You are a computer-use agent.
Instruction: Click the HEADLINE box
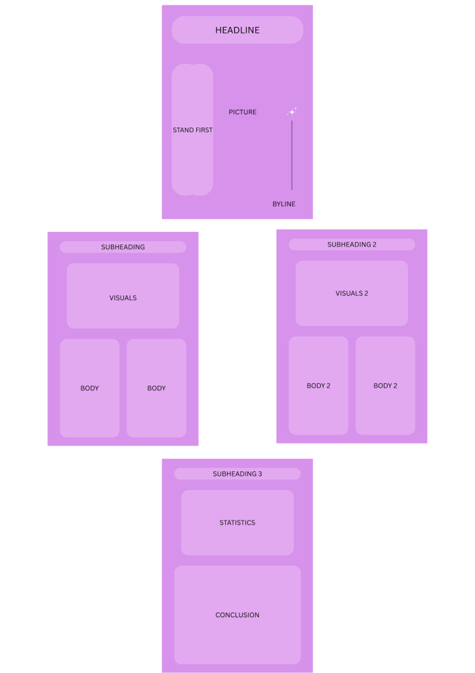[x=237, y=30]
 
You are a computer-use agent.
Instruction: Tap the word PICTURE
[x=243, y=112]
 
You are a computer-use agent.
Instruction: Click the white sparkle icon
[x=292, y=112]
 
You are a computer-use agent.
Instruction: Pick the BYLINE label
[x=284, y=204]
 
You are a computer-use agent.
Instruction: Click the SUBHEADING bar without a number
[x=123, y=247]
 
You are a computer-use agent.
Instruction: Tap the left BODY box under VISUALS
[x=90, y=388]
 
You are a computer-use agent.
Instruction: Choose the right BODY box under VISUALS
[x=156, y=388]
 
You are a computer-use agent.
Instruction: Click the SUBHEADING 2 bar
[x=352, y=244]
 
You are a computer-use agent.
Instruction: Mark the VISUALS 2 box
[x=352, y=293]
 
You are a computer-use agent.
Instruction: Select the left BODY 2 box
[x=318, y=386]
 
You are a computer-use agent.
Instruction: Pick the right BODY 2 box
[x=385, y=386]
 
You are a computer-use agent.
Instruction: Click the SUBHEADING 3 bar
[x=237, y=474]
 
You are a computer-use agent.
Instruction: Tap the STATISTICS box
[x=237, y=522]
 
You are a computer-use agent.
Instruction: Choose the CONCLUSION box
[x=237, y=615]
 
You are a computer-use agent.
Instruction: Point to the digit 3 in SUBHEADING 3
[x=260, y=474]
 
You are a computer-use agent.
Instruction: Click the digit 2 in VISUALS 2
[x=366, y=294]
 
